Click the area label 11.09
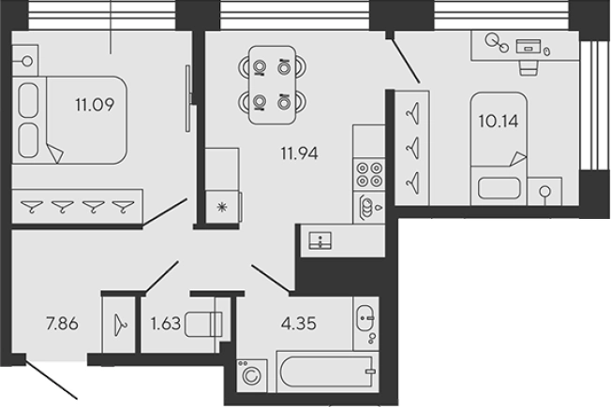tap(95, 105)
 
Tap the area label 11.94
tap(299, 153)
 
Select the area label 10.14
tap(499, 121)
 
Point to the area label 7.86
tap(62, 324)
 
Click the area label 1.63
tap(166, 324)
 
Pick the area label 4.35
tap(299, 324)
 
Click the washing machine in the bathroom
tap(252, 375)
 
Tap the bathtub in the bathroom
tap(327, 371)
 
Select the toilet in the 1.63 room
tap(203, 324)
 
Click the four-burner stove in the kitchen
tap(369, 174)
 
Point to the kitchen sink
tap(320, 240)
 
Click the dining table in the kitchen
tap(273, 85)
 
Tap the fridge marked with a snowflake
tap(223, 207)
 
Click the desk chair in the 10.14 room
tap(529, 67)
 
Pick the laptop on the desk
tap(529, 46)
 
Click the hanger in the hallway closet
tap(120, 325)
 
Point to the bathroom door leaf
tap(271, 278)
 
